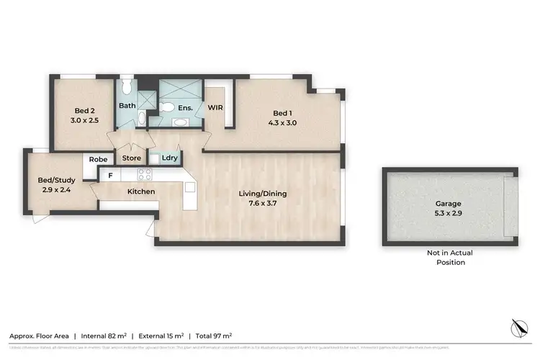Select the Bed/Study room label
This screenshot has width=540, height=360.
[57, 181]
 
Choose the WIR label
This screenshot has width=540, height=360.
[215, 107]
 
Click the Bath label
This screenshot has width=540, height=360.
[127, 106]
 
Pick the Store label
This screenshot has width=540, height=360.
[131, 158]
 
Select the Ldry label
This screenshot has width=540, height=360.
[170, 158]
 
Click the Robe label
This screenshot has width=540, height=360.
[98, 159]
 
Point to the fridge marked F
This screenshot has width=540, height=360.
[110, 175]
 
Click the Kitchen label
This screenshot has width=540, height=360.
[142, 192]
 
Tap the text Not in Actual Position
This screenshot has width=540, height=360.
[446, 257]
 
